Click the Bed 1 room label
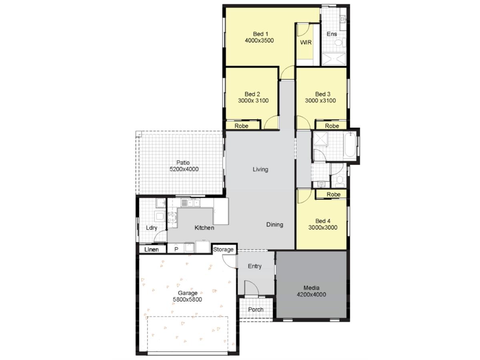click(x=260, y=34)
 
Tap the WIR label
click(x=306, y=42)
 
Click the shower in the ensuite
click(x=334, y=59)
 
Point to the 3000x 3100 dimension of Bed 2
click(x=253, y=100)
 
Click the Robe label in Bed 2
click(x=242, y=126)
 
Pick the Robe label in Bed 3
click(x=332, y=126)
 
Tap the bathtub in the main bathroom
click(x=350, y=144)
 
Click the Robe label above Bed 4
click(x=334, y=194)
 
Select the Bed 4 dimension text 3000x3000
click(x=323, y=228)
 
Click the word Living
click(x=260, y=169)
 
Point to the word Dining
click(x=275, y=225)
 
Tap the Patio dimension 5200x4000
click(x=184, y=169)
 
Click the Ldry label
click(x=152, y=228)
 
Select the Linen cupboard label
click(x=152, y=250)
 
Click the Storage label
click(x=223, y=250)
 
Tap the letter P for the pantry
click(x=176, y=250)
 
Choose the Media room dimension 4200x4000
click(x=311, y=295)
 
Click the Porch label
click(x=256, y=310)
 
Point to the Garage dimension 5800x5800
click(x=188, y=300)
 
